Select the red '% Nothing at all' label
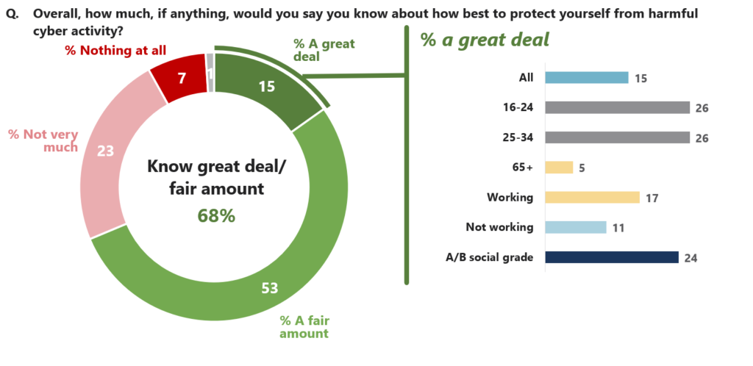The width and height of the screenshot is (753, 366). click(115, 50)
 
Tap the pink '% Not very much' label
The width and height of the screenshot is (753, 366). click(43, 140)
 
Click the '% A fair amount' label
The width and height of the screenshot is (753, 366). click(304, 327)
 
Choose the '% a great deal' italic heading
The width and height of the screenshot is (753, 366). click(485, 40)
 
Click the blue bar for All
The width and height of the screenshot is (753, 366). click(585, 78)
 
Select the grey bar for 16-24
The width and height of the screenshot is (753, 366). click(616, 107)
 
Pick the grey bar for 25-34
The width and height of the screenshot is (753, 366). click(616, 137)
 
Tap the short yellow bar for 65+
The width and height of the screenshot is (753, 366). click(558, 168)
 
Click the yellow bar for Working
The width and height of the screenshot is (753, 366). click(592, 197)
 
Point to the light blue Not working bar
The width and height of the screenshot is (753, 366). click(575, 227)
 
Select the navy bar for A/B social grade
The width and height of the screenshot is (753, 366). click(610, 257)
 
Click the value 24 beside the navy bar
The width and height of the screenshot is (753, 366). click(690, 258)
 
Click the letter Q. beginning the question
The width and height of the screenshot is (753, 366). click(13, 14)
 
